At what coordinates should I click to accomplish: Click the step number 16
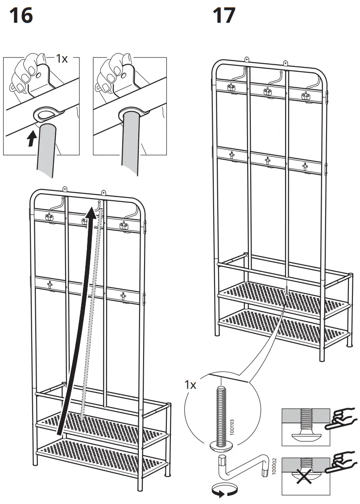[x=21, y=16]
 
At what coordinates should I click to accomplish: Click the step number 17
[x=224, y=16]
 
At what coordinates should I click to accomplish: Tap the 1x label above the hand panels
[x=62, y=58]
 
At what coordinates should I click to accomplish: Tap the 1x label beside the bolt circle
[x=190, y=384]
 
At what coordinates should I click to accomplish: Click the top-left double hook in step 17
[x=232, y=88]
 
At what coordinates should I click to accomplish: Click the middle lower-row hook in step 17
[x=267, y=161]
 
